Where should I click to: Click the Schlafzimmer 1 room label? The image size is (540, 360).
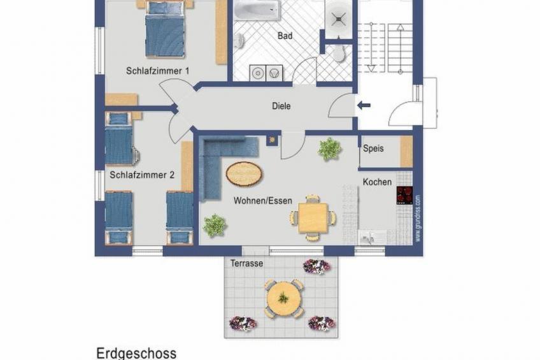(x=157, y=71)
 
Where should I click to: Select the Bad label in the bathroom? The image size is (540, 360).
(x=285, y=36)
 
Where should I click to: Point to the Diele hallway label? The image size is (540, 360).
(x=281, y=106)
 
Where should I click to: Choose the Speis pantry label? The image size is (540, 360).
(x=373, y=149)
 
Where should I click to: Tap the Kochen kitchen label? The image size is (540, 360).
(x=377, y=182)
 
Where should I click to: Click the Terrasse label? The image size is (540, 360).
(x=247, y=263)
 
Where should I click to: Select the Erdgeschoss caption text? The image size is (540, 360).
(x=136, y=352)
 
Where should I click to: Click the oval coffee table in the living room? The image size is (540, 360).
(x=243, y=173)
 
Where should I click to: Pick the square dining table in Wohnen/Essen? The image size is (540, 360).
(x=313, y=217)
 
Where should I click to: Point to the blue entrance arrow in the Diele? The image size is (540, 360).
(x=364, y=106)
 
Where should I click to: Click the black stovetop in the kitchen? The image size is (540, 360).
(x=404, y=195)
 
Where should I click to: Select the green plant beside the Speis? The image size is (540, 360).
(x=329, y=149)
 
